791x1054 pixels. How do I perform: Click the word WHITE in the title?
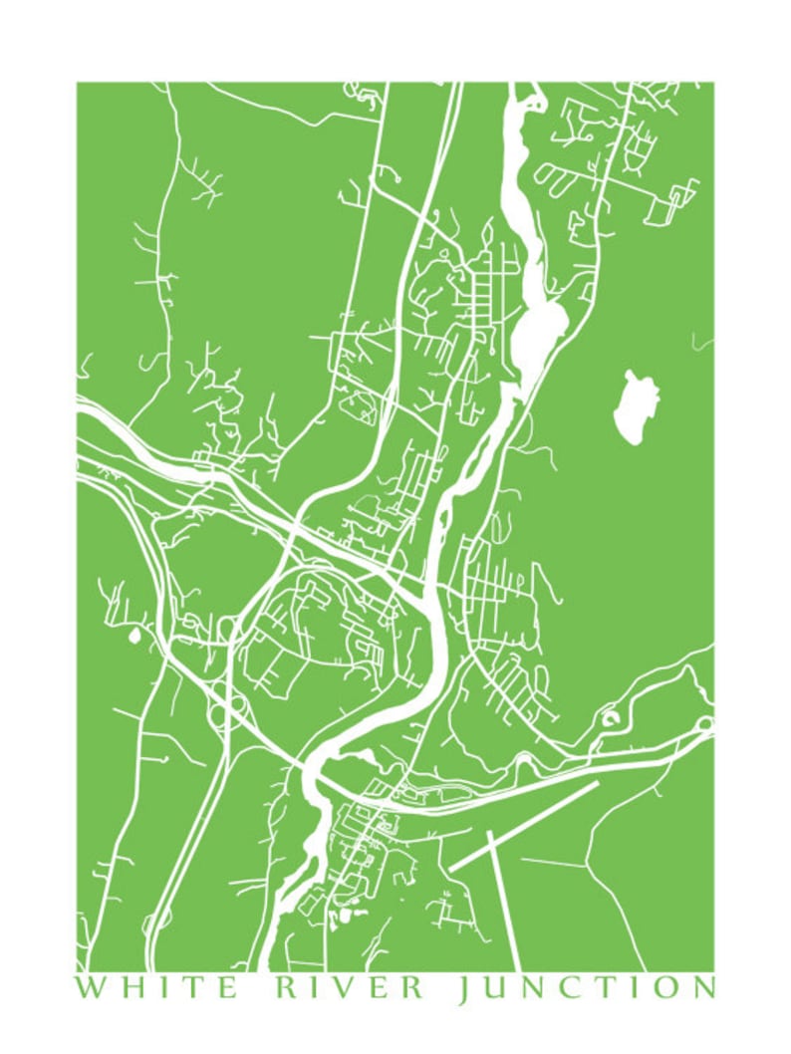tap(157, 988)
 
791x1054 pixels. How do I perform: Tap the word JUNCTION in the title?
tap(586, 988)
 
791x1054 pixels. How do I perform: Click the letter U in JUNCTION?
tap(493, 988)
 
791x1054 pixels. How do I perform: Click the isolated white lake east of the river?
tap(637, 406)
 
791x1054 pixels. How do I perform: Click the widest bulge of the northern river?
tap(544, 324)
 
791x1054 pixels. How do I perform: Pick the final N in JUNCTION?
tap(701, 988)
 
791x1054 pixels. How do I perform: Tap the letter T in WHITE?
tap(190, 988)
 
